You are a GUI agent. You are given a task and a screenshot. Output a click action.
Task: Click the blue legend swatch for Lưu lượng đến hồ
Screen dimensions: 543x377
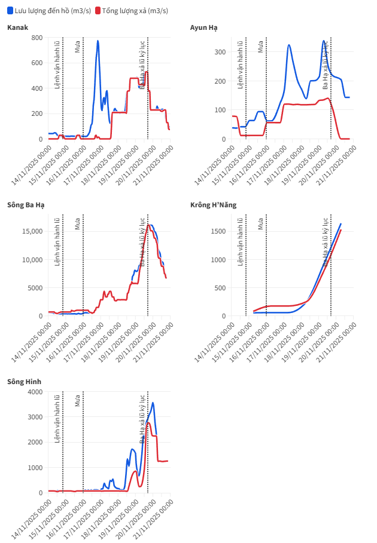[10, 11]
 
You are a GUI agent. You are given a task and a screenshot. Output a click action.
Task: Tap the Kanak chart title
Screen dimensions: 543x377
[17, 27]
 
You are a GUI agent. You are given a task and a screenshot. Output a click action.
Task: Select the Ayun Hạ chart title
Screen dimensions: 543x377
[203, 27]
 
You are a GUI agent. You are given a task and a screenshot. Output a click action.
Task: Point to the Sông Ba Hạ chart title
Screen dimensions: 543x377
[26, 205]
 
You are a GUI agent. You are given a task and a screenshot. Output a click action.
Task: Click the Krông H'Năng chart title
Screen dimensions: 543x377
[213, 205]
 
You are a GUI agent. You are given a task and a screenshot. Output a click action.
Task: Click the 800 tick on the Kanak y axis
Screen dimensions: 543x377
[36, 38]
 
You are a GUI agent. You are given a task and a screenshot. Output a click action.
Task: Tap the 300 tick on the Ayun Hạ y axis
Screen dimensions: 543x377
[220, 52]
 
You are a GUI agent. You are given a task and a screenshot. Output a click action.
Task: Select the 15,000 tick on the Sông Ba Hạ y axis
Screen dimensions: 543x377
[31, 231]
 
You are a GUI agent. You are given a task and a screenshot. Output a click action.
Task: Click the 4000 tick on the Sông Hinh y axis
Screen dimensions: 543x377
[34, 392]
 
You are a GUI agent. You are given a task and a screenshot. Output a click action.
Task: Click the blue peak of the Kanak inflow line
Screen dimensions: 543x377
[98, 41]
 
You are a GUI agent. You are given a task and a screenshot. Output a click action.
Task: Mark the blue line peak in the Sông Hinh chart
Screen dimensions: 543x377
[153, 403]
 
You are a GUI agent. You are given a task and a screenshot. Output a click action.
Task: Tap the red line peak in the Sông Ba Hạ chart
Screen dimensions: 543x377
[148, 225]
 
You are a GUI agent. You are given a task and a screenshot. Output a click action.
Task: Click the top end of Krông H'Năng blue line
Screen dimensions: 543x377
[340, 224]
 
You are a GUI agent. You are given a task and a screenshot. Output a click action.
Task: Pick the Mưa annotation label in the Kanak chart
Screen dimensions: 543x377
[78, 47]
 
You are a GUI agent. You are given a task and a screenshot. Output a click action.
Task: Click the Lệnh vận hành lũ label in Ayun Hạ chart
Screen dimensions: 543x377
[241, 65]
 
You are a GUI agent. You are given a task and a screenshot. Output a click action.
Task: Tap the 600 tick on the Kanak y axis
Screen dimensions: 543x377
[36, 63]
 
